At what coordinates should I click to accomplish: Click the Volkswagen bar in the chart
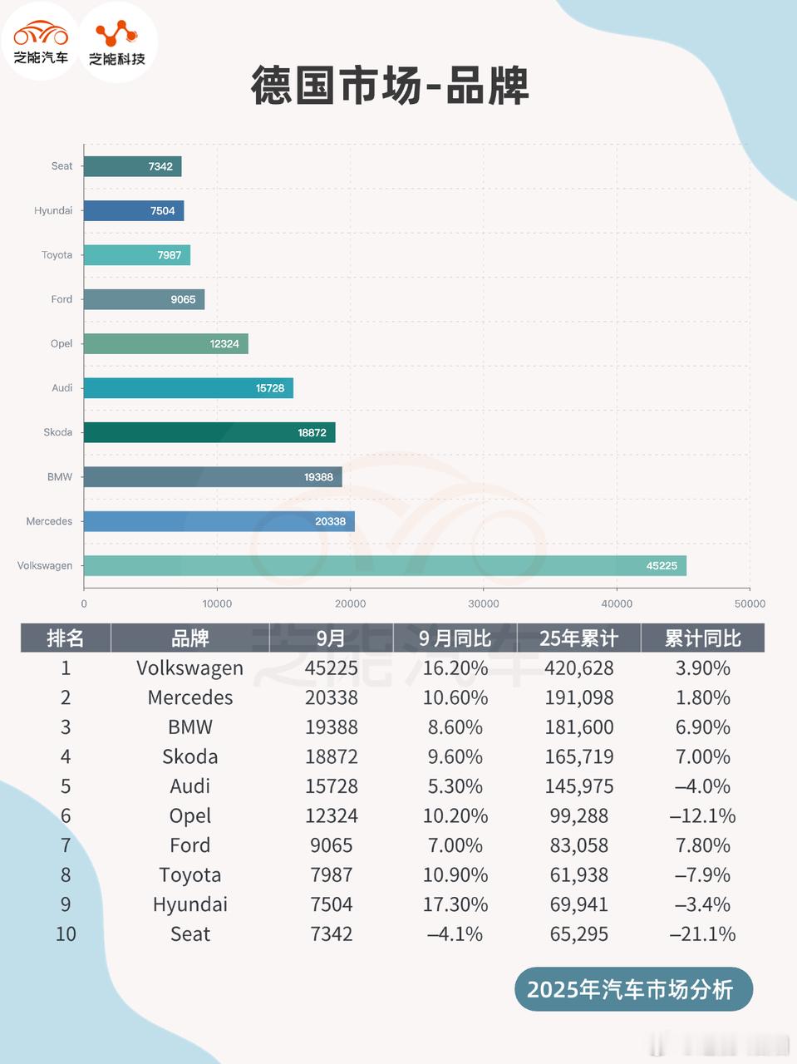[x=385, y=565]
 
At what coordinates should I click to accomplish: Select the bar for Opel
[x=165, y=343]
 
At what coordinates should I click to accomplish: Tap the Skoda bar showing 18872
[x=209, y=432]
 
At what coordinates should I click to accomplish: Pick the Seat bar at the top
[x=132, y=166]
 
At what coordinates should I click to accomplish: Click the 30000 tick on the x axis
[x=484, y=603]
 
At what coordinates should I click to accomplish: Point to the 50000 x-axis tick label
[x=750, y=603]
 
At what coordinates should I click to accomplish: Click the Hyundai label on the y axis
[x=53, y=211]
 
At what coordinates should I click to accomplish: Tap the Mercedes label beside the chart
[x=49, y=521]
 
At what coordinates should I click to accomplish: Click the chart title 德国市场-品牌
[x=390, y=86]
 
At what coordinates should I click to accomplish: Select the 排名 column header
[x=66, y=638]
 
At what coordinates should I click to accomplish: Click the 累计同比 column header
[x=703, y=638]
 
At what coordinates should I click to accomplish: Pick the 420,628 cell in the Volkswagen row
[x=579, y=668]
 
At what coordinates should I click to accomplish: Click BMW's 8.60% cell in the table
[x=455, y=727]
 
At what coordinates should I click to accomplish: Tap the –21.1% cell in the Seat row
[x=703, y=934]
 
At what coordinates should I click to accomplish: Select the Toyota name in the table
[x=190, y=875]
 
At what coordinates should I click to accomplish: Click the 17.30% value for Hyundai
[x=455, y=904]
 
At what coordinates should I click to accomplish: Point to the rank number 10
[x=66, y=934]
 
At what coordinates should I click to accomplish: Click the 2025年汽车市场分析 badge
[x=633, y=989]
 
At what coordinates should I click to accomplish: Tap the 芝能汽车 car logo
[x=41, y=42]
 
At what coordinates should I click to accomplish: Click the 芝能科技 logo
[x=117, y=42]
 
